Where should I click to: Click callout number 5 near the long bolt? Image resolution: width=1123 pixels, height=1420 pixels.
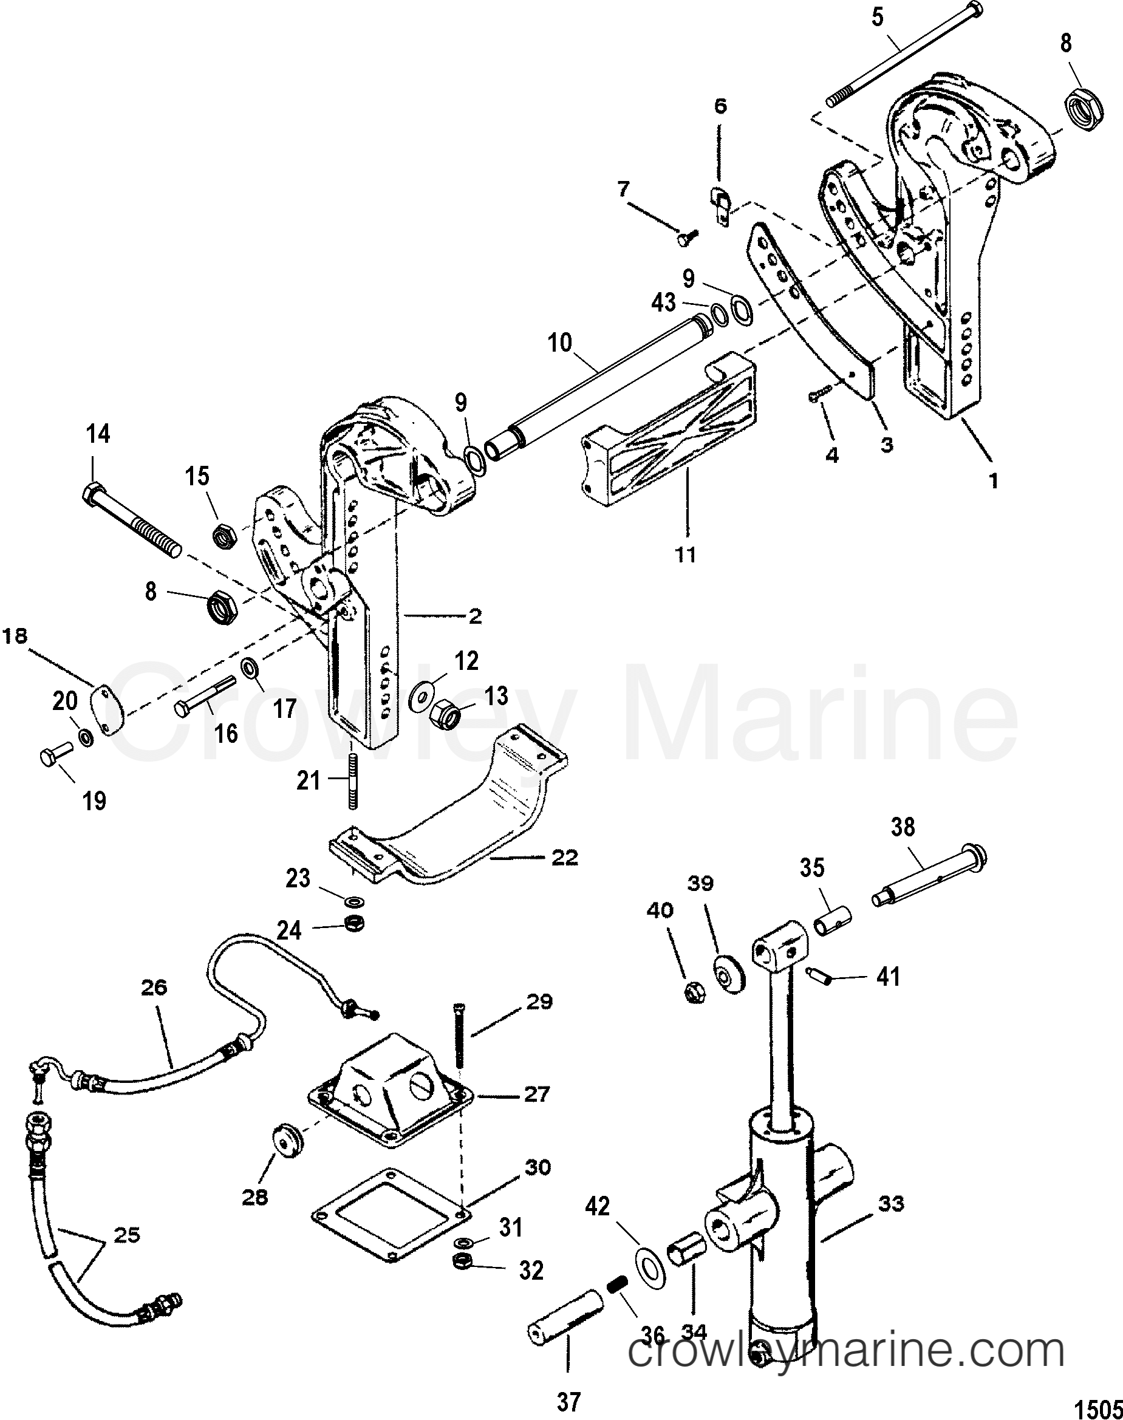878,17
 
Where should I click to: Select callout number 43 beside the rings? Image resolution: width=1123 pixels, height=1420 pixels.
663,302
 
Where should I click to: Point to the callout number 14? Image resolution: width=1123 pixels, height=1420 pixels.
98,434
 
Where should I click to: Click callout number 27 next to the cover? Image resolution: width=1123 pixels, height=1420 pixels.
536,1094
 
